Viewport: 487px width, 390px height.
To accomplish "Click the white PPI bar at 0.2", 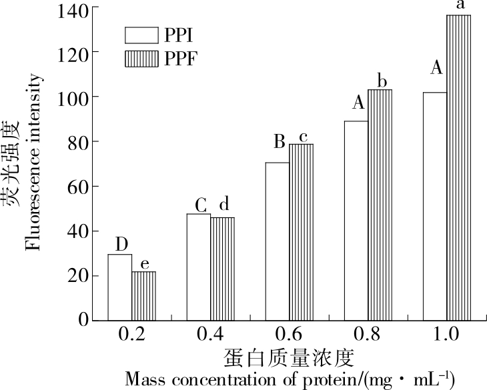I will (x=119, y=287).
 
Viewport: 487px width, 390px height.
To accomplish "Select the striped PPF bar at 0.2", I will (x=143, y=295).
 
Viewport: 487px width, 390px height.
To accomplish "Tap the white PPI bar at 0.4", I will (x=198, y=267).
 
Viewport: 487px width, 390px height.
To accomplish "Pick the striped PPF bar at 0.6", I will (x=301, y=232).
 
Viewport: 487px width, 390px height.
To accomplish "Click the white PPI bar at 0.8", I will (x=356, y=220).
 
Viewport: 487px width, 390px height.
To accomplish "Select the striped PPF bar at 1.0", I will (x=458, y=167).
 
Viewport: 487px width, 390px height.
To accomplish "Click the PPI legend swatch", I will (x=142, y=35).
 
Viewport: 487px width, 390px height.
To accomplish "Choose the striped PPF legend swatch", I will (x=142, y=59).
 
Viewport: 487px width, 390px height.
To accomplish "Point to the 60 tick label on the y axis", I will (x=80, y=186).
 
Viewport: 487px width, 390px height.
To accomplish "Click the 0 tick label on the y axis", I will (x=85, y=321).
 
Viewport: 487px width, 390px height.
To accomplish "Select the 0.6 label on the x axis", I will (x=289, y=335).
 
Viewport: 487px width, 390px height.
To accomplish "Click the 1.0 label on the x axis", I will (x=446, y=335).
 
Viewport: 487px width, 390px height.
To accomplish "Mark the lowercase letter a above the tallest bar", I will (x=459, y=5).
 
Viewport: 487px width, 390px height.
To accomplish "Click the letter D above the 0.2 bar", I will (x=120, y=243).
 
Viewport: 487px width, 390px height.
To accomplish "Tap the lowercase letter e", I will (x=144, y=262).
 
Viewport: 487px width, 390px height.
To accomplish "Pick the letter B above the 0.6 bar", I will (x=280, y=141).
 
